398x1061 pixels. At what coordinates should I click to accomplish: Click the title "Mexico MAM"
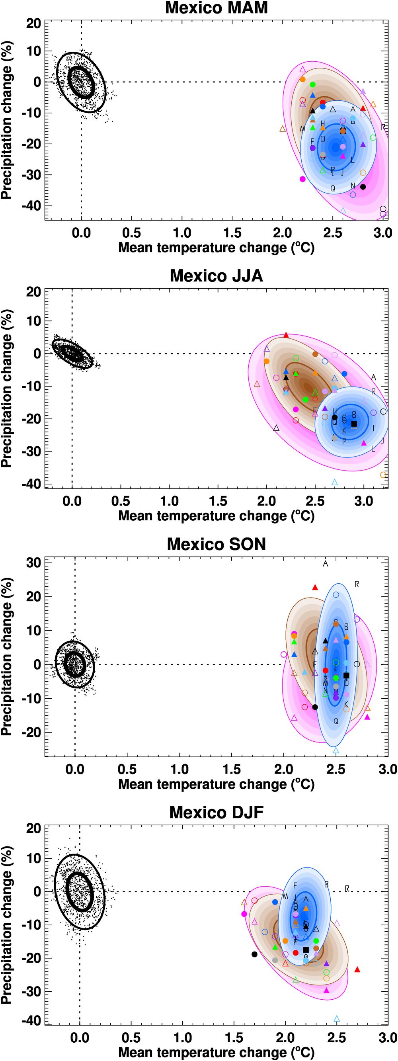[216, 8]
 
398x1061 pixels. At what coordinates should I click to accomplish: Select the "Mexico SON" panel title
[216, 544]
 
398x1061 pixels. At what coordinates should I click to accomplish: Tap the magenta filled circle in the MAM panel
[302, 179]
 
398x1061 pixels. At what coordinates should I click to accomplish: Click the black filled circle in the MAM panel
[363, 187]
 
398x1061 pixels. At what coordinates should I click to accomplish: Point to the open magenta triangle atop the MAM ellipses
[302, 70]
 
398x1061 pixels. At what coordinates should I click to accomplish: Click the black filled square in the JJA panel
[354, 424]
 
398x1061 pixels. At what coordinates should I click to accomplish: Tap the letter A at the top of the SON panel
[326, 563]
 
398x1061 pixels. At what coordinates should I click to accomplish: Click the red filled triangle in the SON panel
[315, 587]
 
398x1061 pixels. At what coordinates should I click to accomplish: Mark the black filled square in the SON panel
[346, 676]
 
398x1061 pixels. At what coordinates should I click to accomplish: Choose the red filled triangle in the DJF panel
[357, 969]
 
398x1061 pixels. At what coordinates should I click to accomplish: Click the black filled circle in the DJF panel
[254, 954]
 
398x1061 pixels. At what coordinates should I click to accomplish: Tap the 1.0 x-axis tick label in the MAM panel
[182, 233]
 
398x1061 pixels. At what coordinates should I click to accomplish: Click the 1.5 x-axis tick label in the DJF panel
[234, 1038]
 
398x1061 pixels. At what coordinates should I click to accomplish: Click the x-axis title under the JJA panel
[216, 516]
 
